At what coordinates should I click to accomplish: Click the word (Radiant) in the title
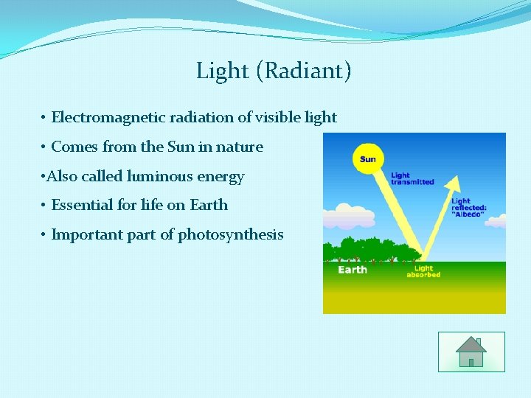click(x=304, y=71)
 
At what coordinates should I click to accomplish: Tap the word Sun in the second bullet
click(x=181, y=147)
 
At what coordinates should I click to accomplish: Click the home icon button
click(x=471, y=352)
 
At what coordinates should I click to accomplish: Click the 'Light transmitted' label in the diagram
click(x=412, y=178)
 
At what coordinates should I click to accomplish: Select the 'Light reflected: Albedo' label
click(x=468, y=209)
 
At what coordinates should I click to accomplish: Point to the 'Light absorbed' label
click(x=423, y=272)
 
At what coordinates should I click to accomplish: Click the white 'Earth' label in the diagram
click(x=353, y=270)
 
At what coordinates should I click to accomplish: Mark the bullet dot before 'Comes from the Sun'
click(x=44, y=147)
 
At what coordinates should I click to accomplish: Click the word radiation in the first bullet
click(x=192, y=117)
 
